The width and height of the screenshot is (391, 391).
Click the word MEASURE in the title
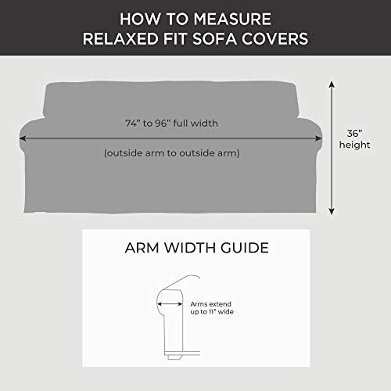pyautogui.click(x=232, y=19)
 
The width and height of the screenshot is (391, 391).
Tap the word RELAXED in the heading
pyautogui.click(x=120, y=39)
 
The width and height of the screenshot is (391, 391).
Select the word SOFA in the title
pyautogui.click(x=214, y=39)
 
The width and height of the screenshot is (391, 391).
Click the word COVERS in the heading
pyautogui.click(x=274, y=39)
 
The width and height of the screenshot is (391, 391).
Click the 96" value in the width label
pyautogui.click(x=163, y=123)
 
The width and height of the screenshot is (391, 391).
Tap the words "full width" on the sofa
pyautogui.click(x=195, y=123)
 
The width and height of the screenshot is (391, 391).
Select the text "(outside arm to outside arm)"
pyautogui.click(x=172, y=153)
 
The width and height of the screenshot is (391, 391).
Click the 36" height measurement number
pyautogui.click(x=354, y=134)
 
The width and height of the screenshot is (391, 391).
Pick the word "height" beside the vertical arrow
pyautogui.click(x=354, y=145)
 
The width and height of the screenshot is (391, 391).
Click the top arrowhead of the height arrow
pyautogui.click(x=332, y=84)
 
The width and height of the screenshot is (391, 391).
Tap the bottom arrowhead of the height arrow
pyautogui.click(x=332, y=211)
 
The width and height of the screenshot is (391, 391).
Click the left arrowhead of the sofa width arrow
pyautogui.click(x=23, y=138)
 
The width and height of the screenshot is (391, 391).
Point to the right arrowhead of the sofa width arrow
pyautogui.click(x=319, y=138)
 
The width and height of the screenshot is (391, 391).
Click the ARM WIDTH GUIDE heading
pyautogui.click(x=197, y=248)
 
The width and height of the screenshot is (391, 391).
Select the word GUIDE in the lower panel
pyautogui.click(x=245, y=248)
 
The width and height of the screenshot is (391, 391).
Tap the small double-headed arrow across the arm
pyautogui.click(x=170, y=304)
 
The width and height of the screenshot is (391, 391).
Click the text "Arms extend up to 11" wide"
pyautogui.click(x=212, y=308)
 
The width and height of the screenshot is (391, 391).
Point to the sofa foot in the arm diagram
pyautogui.click(x=174, y=357)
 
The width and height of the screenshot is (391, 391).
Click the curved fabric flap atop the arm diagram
pyautogui.click(x=182, y=281)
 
